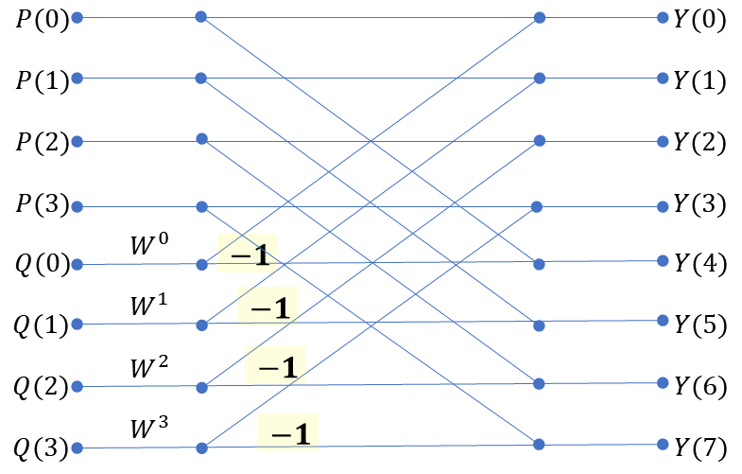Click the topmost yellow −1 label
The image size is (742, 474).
click(248, 254)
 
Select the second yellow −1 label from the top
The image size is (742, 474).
click(267, 307)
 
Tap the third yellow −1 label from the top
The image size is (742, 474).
click(275, 365)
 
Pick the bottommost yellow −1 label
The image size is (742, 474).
click(287, 432)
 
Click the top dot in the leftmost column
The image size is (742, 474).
click(77, 17)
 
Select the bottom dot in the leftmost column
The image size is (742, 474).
click(77, 448)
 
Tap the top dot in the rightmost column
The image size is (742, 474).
click(663, 17)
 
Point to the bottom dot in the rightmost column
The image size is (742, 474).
click(663, 444)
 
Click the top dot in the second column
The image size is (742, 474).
click(200, 16)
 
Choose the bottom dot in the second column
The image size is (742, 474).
click(201, 448)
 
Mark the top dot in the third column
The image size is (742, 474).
click(539, 17)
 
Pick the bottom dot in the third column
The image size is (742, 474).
click(539, 444)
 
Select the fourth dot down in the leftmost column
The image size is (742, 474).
click(77, 206)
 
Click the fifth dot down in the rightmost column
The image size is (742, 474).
click(663, 260)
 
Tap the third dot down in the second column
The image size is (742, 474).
click(201, 139)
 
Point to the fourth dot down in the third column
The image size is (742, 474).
click(537, 206)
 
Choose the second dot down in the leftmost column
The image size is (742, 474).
click(77, 78)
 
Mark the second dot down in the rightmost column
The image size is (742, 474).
click(663, 78)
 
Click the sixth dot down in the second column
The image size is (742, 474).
click(201, 325)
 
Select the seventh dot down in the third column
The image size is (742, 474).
click(539, 383)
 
